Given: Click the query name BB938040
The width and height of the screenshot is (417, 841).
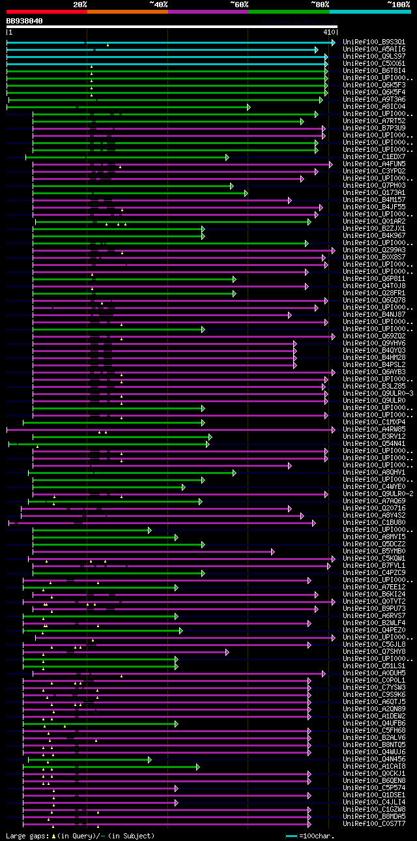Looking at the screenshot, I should [25, 21].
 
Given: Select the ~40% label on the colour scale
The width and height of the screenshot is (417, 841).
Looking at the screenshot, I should [158, 4].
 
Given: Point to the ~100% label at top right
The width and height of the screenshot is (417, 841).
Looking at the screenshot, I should [398, 4].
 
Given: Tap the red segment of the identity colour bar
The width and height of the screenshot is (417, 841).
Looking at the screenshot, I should [46, 11].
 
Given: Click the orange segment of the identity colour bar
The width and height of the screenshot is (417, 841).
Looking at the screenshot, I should [127, 11].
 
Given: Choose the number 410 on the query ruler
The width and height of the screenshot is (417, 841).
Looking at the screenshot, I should [328, 31].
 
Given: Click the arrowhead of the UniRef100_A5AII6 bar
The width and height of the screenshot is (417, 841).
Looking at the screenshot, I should [316, 50].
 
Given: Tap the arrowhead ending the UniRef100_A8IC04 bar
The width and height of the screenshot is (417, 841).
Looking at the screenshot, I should [248, 107].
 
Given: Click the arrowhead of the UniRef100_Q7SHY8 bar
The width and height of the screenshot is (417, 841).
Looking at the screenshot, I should [227, 652].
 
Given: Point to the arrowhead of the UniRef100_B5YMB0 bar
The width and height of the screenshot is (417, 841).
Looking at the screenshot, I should [273, 552].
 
